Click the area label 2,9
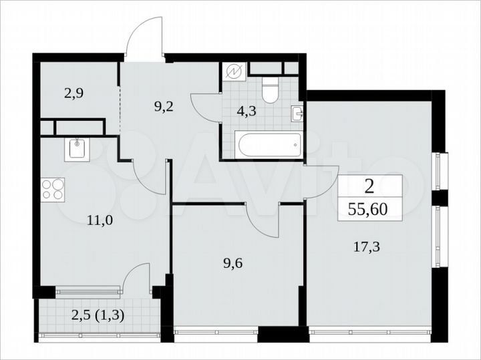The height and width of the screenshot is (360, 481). [73, 94]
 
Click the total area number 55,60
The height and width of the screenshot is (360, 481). [371, 209]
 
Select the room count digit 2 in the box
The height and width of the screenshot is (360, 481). [371, 186]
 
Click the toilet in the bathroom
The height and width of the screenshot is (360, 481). [271, 91]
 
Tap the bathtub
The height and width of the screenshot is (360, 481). [267, 144]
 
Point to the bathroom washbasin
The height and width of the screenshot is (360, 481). [298, 112]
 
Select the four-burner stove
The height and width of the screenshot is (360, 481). [53, 189]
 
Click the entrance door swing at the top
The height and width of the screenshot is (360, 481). [146, 37]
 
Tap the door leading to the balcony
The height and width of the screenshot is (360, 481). [136, 277]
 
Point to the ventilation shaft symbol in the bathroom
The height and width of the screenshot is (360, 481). [236, 71]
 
